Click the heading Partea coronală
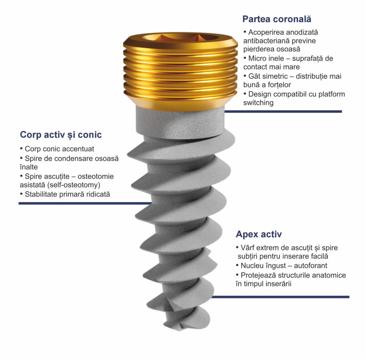(277, 19)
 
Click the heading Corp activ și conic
(61, 135)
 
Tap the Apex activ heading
(259, 234)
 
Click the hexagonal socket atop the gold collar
(180, 37)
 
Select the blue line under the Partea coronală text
(283, 112)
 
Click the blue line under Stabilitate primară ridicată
(85, 203)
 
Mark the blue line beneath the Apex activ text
(280, 297)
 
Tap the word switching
(258, 103)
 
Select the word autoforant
(311, 266)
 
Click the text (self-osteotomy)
(74, 185)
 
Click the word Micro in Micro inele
(256, 58)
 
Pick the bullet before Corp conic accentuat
(21, 148)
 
